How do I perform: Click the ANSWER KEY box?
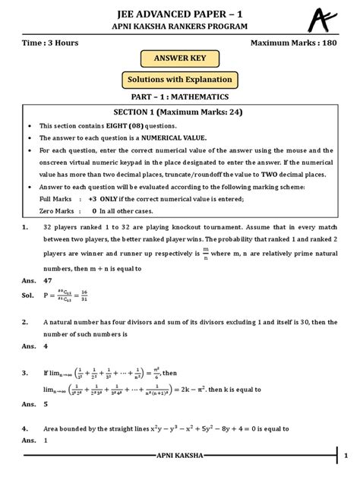(180, 58)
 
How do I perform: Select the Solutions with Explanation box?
(180, 80)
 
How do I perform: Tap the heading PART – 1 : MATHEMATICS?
(180, 97)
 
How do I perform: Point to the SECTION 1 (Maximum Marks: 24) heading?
(180, 112)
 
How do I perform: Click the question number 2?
(26, 323)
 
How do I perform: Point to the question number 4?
(26, 428)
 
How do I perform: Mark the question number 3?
(26, 373)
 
